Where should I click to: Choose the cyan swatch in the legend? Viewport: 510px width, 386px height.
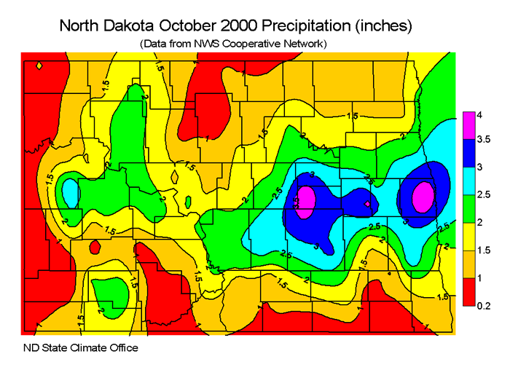(x=469, y=182)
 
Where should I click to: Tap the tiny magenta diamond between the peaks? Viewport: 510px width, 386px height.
(x=367, y=204)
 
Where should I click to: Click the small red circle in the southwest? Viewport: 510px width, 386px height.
(x=94, y=247)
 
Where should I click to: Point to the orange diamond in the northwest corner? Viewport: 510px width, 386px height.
(x=39, y=66)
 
